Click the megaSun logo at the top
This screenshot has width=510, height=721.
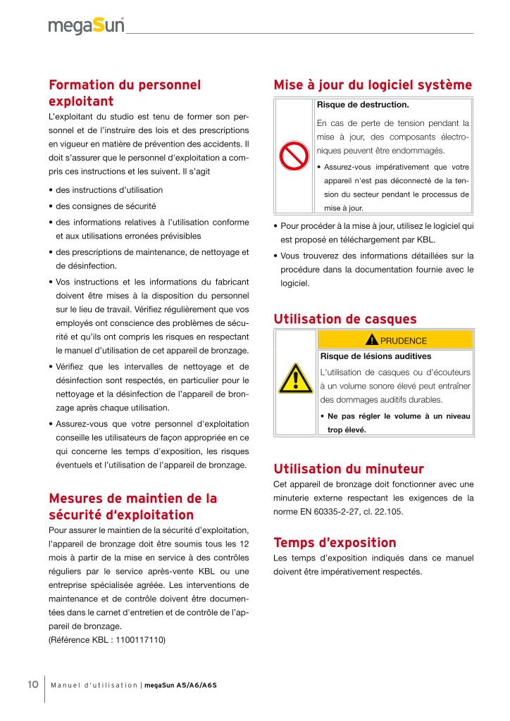coord(86,25)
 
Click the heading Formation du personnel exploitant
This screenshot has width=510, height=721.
coord(125,93)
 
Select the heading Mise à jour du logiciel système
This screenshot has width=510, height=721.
coord(373,85)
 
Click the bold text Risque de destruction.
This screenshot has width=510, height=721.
coord(363,105)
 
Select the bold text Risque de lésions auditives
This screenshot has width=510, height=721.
coord(375,356)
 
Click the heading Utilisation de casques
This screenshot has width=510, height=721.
coord(344,320)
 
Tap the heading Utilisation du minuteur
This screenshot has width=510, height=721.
coord(348,468)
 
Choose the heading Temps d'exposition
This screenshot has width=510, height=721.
coord(335,543)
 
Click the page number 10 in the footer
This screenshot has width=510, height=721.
coord(32,684)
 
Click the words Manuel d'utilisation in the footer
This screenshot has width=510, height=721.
coord(94,685)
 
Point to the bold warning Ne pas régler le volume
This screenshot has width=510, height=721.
coord(394,416)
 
